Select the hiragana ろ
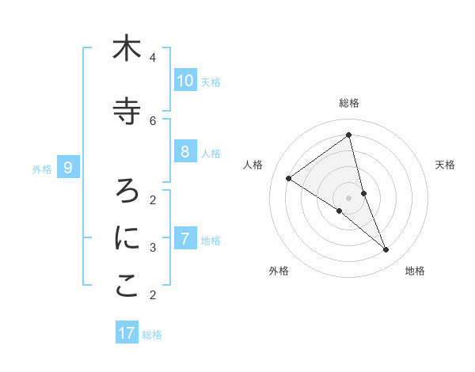[127, 190]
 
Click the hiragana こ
[127, 287]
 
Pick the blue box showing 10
[184, 80]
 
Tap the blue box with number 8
[184, 152]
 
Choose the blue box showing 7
[184, 238]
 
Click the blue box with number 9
[68, 167]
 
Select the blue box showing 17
[127, 333]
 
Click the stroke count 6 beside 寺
[153, 120]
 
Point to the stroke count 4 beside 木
[153, 58]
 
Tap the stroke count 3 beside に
[153, 248]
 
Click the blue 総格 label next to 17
[152, 335]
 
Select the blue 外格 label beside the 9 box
[42, 169]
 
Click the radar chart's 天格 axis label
[445, 165]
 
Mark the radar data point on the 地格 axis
[386, 250]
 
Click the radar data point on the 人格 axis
[288, 178]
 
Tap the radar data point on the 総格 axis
[348, 135]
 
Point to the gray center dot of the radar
[348, 197]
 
